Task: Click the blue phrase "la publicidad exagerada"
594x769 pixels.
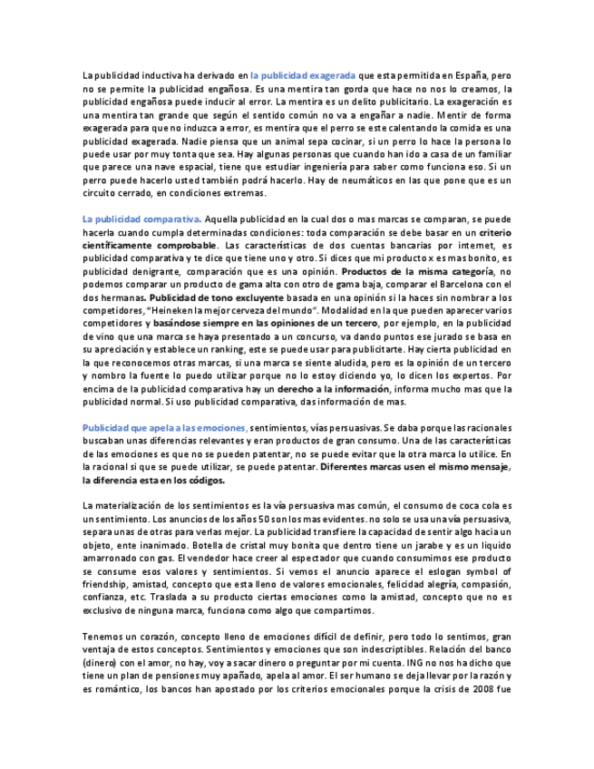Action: click(x=304, y=76)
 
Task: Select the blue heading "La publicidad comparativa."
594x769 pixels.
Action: click(x=141, y=219)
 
